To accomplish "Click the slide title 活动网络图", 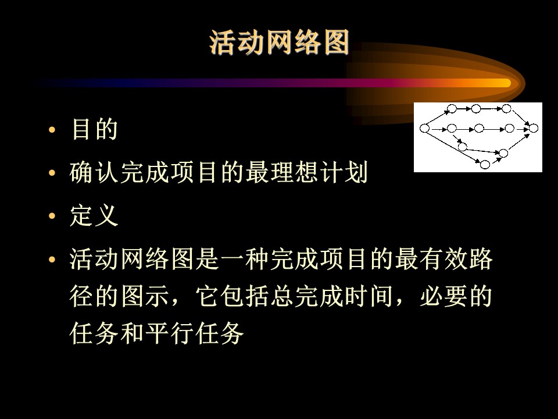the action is [279, 42].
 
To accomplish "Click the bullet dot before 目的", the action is [52, 129].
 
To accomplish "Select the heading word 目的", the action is [94, 129].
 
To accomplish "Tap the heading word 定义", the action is [94, 215].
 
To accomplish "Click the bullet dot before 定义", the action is [52, 215].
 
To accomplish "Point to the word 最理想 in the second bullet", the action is [282, 172].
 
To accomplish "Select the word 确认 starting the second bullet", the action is [94, 172].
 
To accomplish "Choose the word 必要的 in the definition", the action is [456, 296].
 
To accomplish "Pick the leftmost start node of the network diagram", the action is [424, 128].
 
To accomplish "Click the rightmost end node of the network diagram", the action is [533, 128].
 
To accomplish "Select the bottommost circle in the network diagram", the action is [485, 164].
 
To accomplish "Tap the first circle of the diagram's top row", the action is [452, 109].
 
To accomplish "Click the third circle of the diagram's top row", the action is [506, 109].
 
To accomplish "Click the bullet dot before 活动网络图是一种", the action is [52, 259].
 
